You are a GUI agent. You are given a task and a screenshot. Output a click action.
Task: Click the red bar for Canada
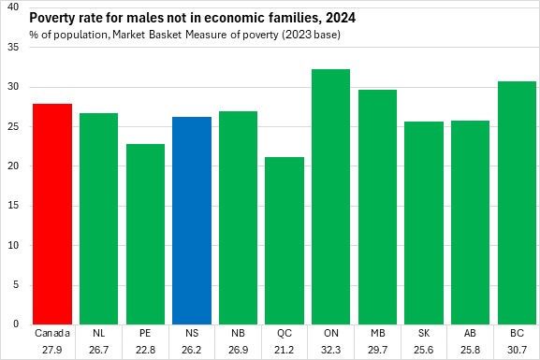(52, 214)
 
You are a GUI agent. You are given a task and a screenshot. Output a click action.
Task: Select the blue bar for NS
(192, 221)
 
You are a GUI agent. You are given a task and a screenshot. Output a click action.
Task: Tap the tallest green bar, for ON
(330, 197)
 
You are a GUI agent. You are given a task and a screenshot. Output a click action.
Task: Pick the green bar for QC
(285, 240)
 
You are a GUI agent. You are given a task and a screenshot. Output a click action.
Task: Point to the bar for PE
(145, 234)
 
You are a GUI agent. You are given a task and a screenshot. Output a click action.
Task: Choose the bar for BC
(517, 203)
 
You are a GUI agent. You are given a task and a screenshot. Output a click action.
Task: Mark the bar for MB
(377, 208)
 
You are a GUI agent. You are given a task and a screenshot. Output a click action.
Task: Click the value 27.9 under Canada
(52, 350)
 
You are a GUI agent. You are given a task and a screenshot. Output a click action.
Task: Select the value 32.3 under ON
(331, 350)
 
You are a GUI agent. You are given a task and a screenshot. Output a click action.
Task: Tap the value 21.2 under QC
(285, 350)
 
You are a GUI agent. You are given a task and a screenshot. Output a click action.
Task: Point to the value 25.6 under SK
(424, 350)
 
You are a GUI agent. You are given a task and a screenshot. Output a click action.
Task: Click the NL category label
(99, 333)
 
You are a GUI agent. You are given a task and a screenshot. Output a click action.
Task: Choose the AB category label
(470, 333)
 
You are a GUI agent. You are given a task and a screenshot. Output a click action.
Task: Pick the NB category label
(238, 333)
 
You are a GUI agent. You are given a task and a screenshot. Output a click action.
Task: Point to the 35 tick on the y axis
(13, 47)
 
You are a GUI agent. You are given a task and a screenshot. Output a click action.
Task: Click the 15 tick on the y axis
(13, 206)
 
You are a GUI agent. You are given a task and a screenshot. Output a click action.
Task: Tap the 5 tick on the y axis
(16, 285)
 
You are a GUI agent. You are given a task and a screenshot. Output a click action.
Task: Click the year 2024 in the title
(341, 18)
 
